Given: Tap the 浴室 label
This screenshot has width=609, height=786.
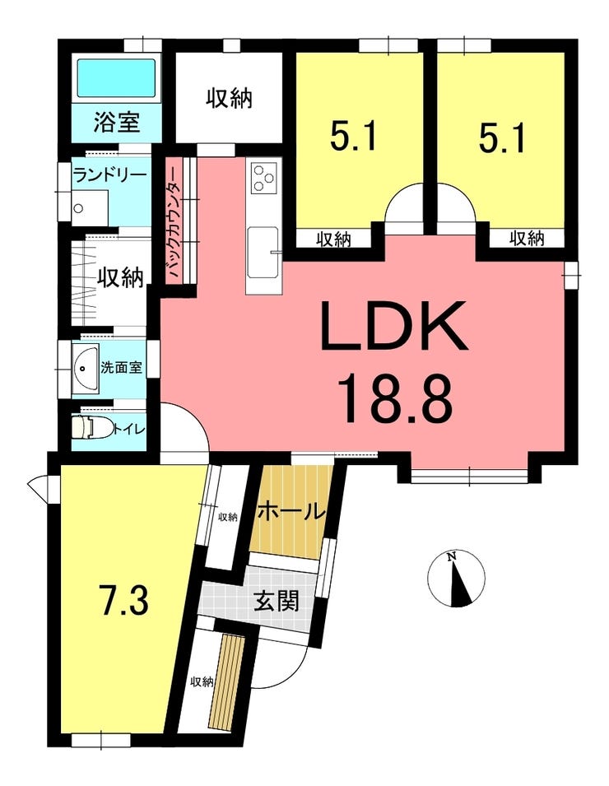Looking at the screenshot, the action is [116, 122].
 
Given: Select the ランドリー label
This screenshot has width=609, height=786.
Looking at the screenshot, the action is [109, 175].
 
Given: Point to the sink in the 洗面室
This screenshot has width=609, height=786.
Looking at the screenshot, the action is [85, 368].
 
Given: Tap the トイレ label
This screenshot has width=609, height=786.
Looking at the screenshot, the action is [128, 429].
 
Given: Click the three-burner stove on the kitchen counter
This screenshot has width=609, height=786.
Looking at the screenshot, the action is [263, 178].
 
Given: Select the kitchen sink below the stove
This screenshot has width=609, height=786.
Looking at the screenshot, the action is [263, 251].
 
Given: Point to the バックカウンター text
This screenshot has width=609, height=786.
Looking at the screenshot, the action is [174, 222].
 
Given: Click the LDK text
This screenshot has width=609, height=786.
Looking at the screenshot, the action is [393, 326].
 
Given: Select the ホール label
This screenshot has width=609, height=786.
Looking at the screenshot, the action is [291, 512].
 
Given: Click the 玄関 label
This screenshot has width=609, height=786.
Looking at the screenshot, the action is [277, 599].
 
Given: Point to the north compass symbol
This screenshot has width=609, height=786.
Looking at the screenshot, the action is [457, 579].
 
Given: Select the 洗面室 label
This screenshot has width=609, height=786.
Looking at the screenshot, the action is [121, 367].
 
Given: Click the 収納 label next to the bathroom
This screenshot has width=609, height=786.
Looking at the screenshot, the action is [229, 98].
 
